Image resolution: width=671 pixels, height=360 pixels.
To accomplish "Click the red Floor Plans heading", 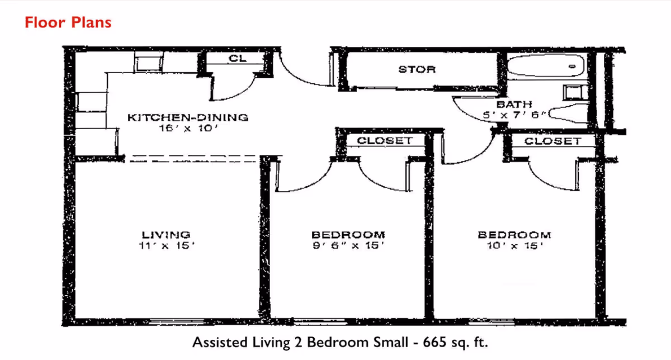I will coord(68,22).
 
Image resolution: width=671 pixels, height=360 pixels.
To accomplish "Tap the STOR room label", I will coord(417,69).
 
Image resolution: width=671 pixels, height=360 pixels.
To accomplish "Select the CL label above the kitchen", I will coord(235,58).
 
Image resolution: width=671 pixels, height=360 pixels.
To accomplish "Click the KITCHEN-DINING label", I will coord(187,117).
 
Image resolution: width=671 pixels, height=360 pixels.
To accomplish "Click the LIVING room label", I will coord(166,235).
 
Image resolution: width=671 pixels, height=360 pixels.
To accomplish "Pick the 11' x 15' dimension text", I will coord(166,245).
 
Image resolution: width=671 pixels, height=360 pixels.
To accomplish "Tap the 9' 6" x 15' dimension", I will coord(348,245).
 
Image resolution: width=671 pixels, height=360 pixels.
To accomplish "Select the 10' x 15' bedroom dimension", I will coord(514,245).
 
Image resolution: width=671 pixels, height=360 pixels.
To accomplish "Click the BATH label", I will coord(514,105).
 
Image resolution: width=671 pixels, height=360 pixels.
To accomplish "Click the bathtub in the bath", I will coord(545,67).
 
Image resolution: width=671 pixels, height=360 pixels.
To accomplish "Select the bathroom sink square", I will coord(573,92).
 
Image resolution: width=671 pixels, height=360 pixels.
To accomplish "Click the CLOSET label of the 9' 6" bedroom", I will coord(385,141).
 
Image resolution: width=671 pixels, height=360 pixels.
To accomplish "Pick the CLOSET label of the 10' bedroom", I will coord(552,141).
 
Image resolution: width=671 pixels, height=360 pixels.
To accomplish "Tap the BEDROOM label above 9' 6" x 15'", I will coord(348,235).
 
